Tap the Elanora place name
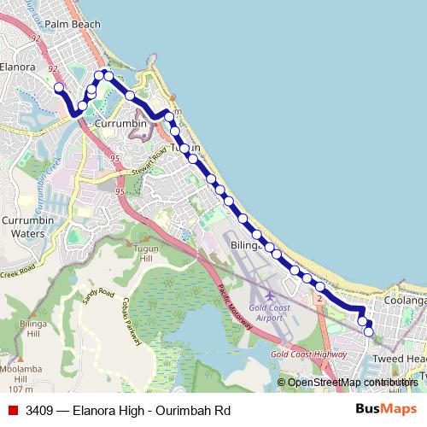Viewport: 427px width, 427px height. pyautogui.click(x=18, y=66)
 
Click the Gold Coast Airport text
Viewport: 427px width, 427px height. pyautogui.click(x=269, y=311)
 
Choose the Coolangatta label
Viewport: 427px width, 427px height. pyautogui.click(x=405, y=301)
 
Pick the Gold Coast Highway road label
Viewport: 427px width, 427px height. pyautogui.click(x=307, y=354)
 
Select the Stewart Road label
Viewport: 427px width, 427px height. pyautogui.click(x=152, y=166)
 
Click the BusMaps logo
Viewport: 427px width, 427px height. pyautogui.click(x=387, y=410)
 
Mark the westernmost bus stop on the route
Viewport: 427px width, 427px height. pyautogui.click(x=59, y=87)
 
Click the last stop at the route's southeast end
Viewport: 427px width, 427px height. pyautogui.click(x=368, y=332)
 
